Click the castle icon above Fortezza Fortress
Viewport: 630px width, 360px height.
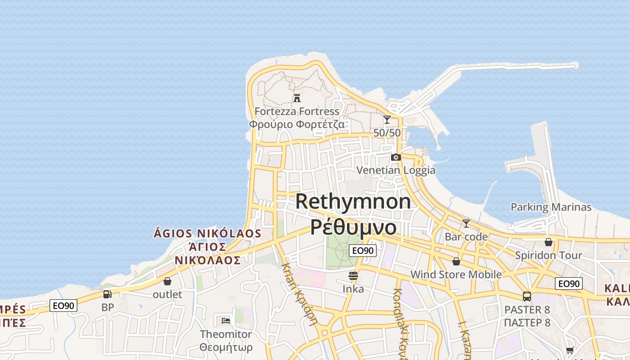coord(297,98)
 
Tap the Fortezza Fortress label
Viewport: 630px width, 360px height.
coord(297,111)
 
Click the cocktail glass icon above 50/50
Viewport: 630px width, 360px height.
coord(387,120)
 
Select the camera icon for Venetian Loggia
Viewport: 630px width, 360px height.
coord(396,157)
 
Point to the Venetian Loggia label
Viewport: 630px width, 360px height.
coord(396,170)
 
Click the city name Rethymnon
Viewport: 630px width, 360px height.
coord(353,201)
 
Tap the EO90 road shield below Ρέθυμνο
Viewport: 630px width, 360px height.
coord(362,251)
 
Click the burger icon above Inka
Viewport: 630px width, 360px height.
coord(353,276)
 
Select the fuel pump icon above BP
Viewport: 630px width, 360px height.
coord(108,294)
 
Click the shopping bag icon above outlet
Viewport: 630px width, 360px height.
coord(167,281)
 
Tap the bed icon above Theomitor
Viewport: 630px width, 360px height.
coord(226,320)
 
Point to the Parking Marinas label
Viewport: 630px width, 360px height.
coord(551,207)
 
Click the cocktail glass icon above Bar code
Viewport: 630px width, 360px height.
coord(466,224)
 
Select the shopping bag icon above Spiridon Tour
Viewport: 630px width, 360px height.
coord(548,242)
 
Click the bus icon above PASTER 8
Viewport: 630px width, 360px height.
coord(527,297)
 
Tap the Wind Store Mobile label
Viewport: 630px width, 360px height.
coord(456,274)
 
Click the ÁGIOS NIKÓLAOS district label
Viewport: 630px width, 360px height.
coord(207,234)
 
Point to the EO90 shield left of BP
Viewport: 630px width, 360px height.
coord(63,306)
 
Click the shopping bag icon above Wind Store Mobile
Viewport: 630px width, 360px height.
coord(456,261)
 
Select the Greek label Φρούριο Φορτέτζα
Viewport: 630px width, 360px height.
coord(297,124)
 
